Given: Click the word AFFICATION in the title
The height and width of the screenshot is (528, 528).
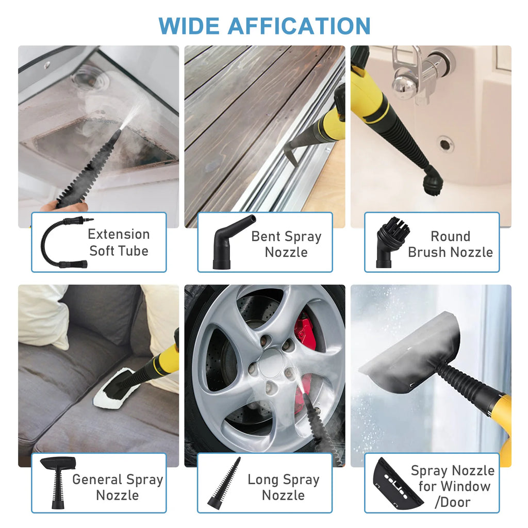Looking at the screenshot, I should pos(299,26).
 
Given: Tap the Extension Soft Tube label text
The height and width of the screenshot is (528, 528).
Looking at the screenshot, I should pos(119,242).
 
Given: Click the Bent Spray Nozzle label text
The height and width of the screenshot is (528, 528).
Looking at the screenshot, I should pos(286,244).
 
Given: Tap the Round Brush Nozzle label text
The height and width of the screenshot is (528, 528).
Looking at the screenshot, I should pos(450,244).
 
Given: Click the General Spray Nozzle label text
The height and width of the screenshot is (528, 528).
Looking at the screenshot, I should pos(118,487).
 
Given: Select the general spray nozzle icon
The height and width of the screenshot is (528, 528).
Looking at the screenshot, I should pos(58,482).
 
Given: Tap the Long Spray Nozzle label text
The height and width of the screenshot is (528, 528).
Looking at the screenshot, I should pos(283,487).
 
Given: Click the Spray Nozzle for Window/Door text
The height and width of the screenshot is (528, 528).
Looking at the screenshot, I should pos(452,486).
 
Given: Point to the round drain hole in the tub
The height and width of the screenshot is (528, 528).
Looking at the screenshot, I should pos(445,144).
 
